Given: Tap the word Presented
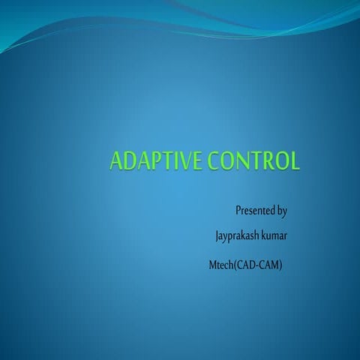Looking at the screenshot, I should tap(255, 211).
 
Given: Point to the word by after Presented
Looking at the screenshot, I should tap(282, 211).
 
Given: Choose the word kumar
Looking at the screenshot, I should tap(273, 237).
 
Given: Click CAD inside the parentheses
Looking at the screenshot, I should tap(246, 265).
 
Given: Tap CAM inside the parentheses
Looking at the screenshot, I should tap(268, 265).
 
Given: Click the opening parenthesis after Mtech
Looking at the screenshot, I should tap(235, 265).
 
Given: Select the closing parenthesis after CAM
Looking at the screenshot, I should tap(280, 265).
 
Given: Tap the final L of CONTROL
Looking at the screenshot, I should tap(295, 162).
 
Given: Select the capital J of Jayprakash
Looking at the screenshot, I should tap(217, 237).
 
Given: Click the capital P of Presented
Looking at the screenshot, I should tap(238, 211).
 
